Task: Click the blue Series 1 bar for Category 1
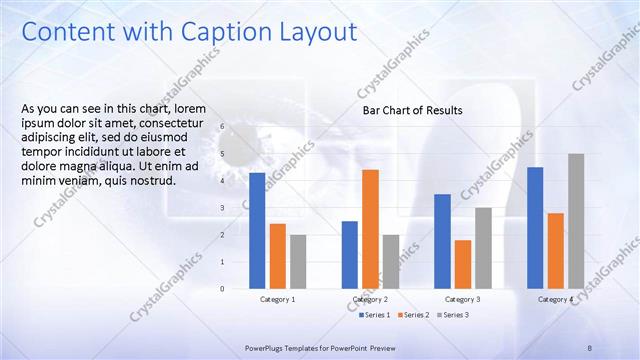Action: (x=257, y=231)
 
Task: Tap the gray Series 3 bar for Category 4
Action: (x=576, y=221)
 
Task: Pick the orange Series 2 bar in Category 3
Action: (x=462, y=264)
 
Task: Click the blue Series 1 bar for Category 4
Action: (x=535, y=228)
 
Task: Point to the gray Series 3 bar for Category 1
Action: (x=298, y=262)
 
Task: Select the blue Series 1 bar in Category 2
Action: (x=350, y=255)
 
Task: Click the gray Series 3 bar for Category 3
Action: (x=483, y=248)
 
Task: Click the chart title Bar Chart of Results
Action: (x=412, y=110)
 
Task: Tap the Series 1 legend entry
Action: (x=377, y=315)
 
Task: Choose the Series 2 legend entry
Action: (x=415, y=315)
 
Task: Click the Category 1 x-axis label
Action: (x=278, y=299)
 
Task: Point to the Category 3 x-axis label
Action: (x=462, y=299)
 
